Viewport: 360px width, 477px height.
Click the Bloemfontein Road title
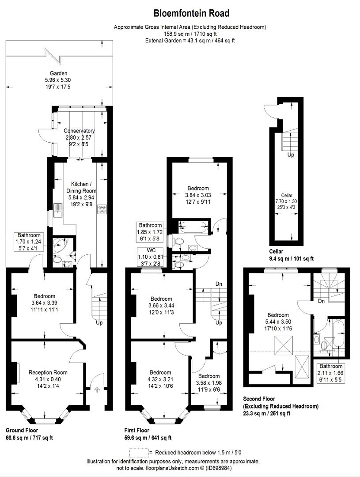191,13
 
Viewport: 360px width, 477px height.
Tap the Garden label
59,73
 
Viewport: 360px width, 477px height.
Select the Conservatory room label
79,131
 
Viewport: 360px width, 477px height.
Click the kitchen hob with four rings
102,209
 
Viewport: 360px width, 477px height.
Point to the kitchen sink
57,210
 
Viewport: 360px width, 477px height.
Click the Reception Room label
48,372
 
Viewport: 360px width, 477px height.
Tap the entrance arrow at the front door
97,389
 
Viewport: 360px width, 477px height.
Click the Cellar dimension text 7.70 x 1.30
286,201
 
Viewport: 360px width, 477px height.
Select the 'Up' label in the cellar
291,155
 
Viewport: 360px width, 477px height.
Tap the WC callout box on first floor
150,257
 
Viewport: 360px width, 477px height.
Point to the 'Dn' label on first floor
219,284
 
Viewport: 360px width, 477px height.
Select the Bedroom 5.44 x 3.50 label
278,315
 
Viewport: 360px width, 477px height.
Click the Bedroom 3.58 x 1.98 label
209,376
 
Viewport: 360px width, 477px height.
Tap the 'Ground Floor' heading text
22,430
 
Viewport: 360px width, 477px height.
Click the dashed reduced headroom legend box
139,453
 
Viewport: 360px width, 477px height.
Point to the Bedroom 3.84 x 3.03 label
198,188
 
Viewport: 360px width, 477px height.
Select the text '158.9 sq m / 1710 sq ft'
190,34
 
